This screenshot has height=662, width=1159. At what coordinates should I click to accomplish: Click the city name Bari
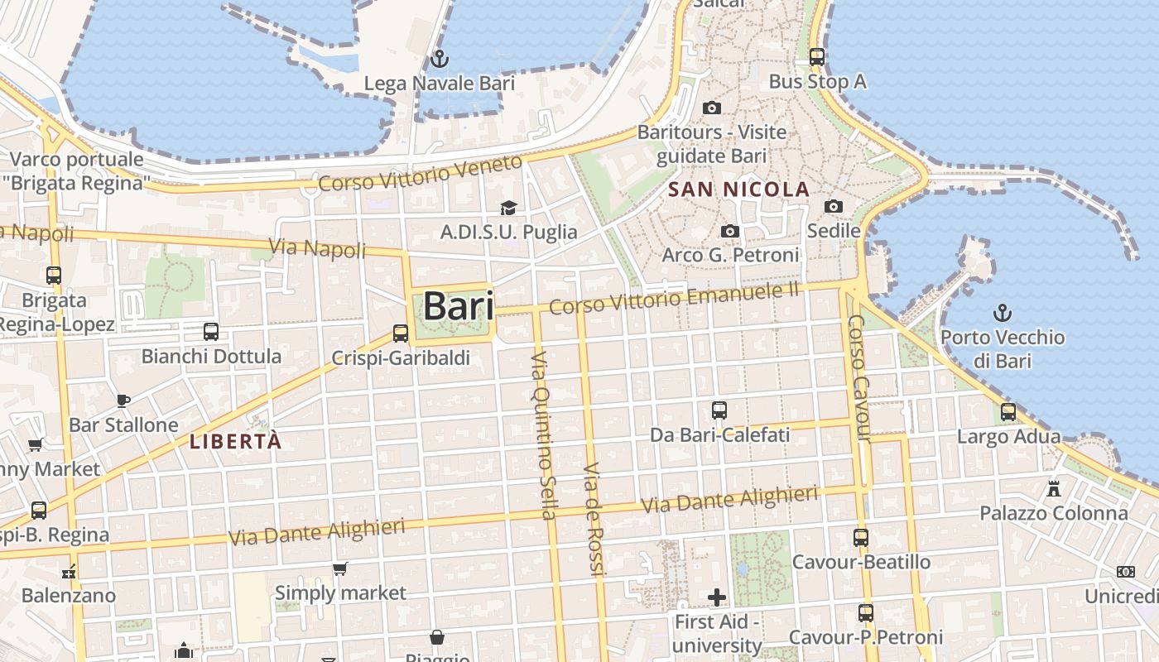click(x=458, y=306)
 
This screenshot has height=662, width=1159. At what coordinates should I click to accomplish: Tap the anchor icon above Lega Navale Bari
click(x=440, y=59)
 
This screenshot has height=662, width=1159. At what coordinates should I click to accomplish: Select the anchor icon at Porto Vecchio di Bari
click(x=1003, y=313)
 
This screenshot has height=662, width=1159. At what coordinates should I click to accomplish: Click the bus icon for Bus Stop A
click(x=817, y=57)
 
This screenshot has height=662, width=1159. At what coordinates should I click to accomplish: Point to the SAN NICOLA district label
click(x=738, y=189)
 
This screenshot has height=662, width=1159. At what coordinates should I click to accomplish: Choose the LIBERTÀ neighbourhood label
click(x=236, y=441)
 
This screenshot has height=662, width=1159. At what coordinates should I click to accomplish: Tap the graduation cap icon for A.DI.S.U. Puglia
click(x=508, y=208)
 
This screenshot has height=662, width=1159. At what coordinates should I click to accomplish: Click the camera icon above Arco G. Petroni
click(x=730, y=231)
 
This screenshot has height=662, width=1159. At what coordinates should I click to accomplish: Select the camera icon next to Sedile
click(x=834, y=206)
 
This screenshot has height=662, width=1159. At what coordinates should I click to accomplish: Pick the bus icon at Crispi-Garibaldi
click(x=401, y=333)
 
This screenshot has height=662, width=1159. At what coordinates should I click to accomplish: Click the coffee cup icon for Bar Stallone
click(x=123, y=401)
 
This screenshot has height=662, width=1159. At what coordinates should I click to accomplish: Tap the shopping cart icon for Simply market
click(x=339, y=568)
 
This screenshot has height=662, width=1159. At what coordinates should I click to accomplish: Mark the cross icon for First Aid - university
click(x=717, y=597)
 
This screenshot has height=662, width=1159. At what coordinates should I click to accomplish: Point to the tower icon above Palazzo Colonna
click(x=1054, y=488)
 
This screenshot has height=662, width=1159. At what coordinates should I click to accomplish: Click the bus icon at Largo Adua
click(x=1008, y=411)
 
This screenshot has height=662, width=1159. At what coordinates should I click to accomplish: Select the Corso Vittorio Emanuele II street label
click(x=675, y=298)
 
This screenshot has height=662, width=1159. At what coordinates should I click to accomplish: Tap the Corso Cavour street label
click(x=860, y=377)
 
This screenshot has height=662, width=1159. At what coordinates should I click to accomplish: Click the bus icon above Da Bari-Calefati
click(x=719, y=410)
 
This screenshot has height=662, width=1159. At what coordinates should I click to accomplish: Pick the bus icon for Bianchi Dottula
click(x=211, y=332)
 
